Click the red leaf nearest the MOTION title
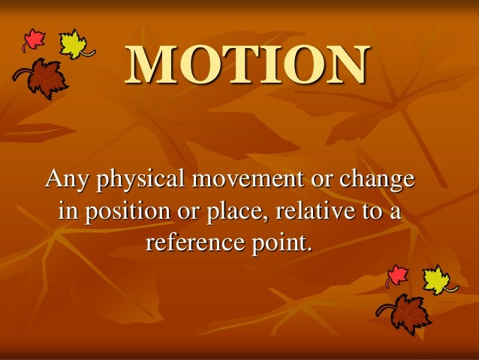(x=34, y=40)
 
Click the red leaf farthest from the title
(x=397, y=276)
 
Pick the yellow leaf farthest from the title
(x=436, y=279)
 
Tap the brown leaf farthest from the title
(x=405, y=313)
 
